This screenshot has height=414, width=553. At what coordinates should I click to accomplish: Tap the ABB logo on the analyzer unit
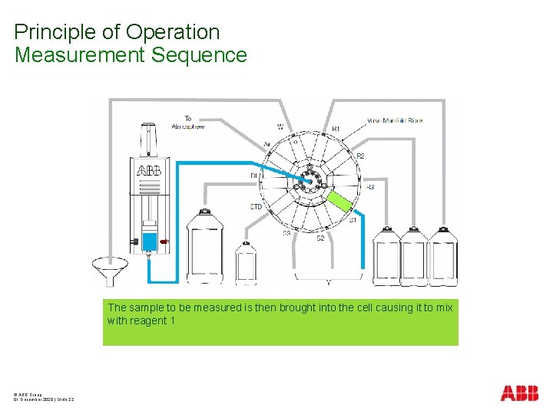pos(149,170)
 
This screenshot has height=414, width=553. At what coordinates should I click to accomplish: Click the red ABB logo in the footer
pos(519,394)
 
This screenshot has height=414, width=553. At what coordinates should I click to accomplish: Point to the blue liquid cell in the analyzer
pos(149,242)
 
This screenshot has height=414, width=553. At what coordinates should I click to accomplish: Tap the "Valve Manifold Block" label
pos(395,120)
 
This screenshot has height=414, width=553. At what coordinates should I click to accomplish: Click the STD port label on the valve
pos(257,207)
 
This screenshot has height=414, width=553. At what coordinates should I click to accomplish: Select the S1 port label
pos(353,220)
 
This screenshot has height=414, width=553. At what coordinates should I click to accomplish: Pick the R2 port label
pos(360,156)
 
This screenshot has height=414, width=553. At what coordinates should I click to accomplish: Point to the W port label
pos(280,127)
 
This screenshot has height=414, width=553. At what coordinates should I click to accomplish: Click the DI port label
pos(253,176)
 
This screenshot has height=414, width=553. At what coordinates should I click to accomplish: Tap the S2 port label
pos(320,238)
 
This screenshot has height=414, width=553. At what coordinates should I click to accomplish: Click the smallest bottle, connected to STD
pos(246,262)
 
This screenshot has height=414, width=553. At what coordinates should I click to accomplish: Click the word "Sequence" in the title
pos(210,55)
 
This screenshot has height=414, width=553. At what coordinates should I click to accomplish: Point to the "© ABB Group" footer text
pos(27,394)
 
